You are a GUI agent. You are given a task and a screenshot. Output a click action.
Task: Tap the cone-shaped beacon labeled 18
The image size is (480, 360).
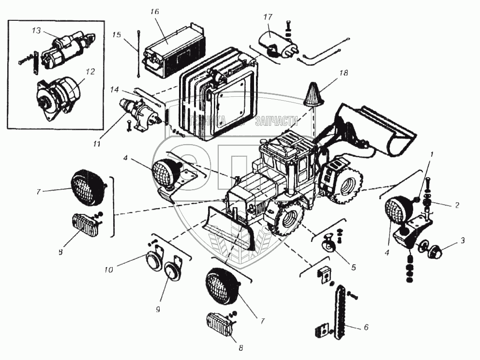pyautogui.click(x=313, y=94)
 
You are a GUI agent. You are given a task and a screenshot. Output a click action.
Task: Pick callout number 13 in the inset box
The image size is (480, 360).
pyautogui.click(x=36, y=30)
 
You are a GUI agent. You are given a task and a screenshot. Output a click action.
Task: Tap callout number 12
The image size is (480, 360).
pyautogui.click(x=90, y=72)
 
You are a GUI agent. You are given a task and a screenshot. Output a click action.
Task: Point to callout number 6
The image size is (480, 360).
pyautogui.click(x=366, y=328)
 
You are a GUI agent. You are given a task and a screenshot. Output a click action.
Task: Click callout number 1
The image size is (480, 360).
pyautogui.click(x=433, y=154)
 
